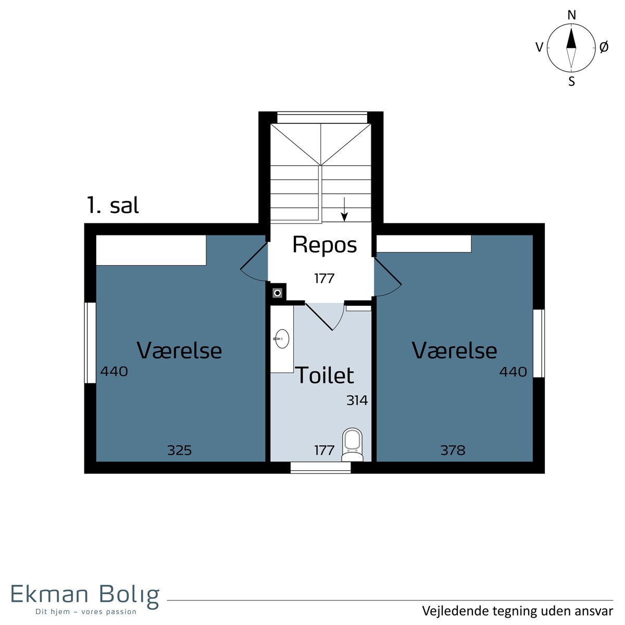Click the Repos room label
pos(324,245)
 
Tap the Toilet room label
pos(324,375)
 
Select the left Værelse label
pos(179,351)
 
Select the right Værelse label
pos(454,351)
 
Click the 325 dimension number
pos(179,450)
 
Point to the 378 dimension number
pos(453,450)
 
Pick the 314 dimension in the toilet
pos(357,400)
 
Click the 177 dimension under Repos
pos(324,278)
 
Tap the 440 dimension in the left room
pos(114,371)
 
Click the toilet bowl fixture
pos(352,444)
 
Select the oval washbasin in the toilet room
pos(282,339)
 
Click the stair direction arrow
pos(344,209)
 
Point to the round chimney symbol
pos(277,293)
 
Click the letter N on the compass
pos(572,15)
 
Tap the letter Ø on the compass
pos(604,47)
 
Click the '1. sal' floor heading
pos(113,205)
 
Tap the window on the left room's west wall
pos(90,343)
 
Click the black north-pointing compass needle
pos(571,38)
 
